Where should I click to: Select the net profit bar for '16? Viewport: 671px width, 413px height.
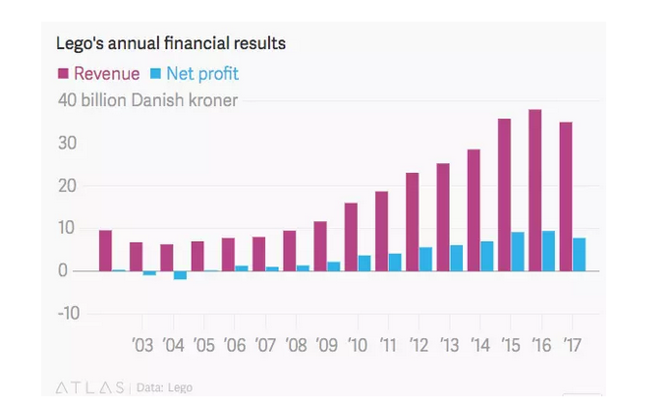pos(548,251)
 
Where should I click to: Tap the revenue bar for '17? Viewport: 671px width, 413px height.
pos(565,197)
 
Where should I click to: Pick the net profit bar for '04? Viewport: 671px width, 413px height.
pos(181,274)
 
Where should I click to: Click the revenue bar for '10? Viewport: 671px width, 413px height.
pos(351,236)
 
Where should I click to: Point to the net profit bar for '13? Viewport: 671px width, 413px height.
pos(457,258)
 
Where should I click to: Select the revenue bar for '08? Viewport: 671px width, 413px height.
pos(290,250)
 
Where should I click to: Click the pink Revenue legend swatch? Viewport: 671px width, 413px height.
pos(64,73)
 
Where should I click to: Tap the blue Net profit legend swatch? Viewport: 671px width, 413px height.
pos(155,73)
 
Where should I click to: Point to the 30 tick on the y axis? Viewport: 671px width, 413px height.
pos(68,144)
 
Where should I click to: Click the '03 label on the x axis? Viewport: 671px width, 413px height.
pos(142,345)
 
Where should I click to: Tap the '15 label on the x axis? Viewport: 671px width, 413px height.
pos(510,345)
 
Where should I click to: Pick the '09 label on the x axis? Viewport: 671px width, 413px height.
pos(326,345)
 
